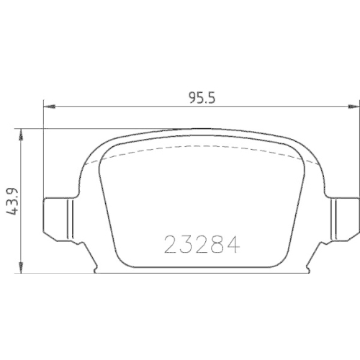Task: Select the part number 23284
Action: (202, 245)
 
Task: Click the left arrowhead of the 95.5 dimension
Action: (48, 107)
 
